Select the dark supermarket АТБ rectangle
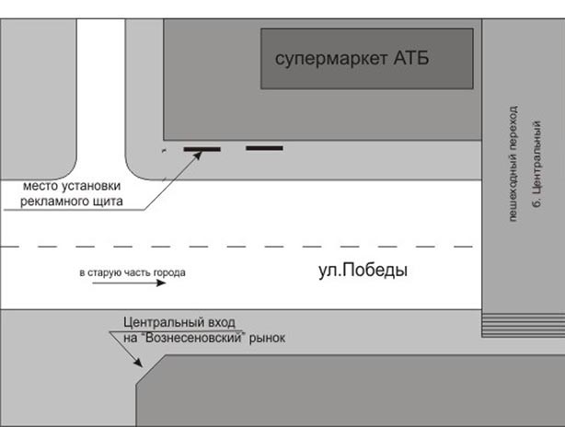(365, 78)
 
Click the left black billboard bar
(202, 148)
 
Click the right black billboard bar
(264, 147)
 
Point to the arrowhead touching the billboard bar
(198, 156)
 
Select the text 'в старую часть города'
(133, 272)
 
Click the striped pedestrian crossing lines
(523, 325)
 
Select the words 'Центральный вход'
(179, 323)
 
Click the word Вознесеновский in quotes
(203, 338)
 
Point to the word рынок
(268, 338)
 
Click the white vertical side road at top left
(99, 92)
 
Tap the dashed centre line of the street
(239, 247)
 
